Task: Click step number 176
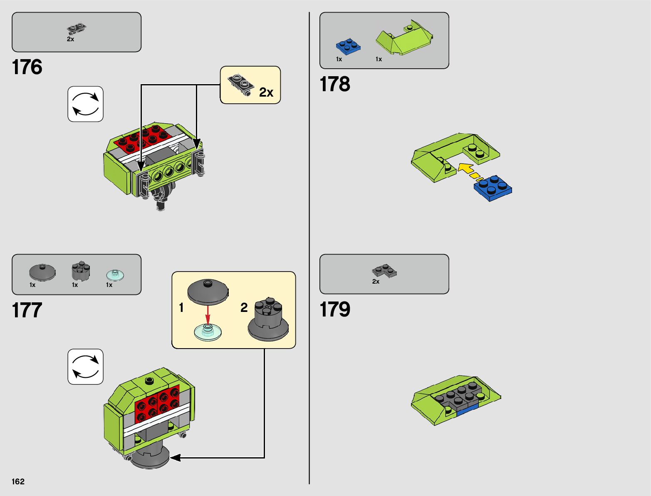coord(27,67)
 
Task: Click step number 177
coord(27,310)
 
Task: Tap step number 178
coord(334,84)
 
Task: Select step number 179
coord(334,309)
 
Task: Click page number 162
coord(18,481)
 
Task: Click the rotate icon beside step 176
coord(85,104)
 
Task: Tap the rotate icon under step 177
coord(85,366)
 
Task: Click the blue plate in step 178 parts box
coord(348,46)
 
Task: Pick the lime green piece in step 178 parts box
coord(404,40)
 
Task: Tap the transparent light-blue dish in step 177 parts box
coord(115,275)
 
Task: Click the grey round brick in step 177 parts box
coord(81,271)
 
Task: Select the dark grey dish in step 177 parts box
coord(42,272)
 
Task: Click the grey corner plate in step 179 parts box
coord(384,271)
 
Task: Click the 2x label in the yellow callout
coord(266,92)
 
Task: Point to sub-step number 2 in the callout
coord(244,308)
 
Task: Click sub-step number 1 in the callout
coord(181,308)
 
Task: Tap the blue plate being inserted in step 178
coord(493,188)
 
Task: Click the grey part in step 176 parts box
coord(77,29)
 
